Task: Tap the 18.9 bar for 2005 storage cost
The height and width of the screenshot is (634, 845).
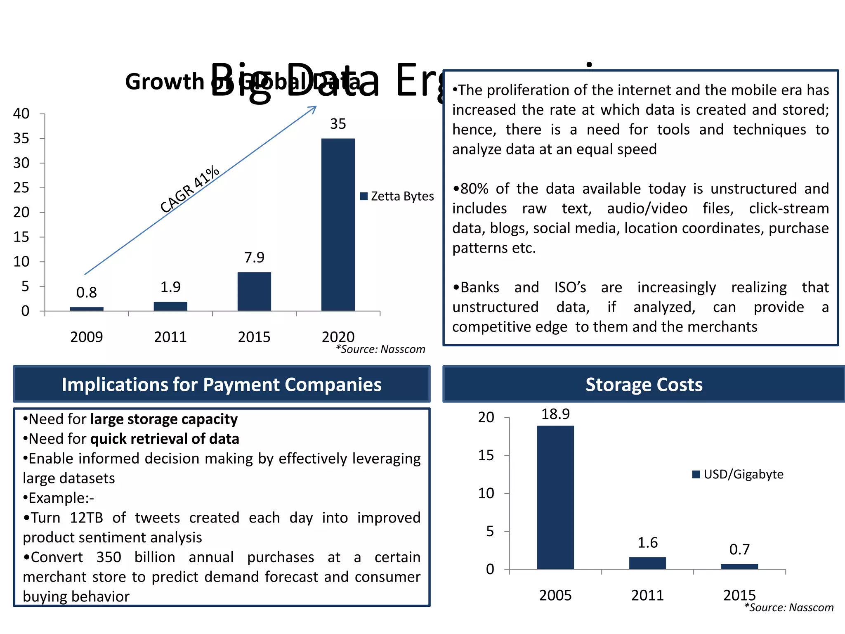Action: (555, 497)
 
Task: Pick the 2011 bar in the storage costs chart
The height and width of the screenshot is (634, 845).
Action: (647, 563)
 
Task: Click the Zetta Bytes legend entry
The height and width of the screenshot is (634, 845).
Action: (397, 196)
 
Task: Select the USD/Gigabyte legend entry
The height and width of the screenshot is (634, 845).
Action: (738, 474)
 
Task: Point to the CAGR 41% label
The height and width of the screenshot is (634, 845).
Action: (190, 189)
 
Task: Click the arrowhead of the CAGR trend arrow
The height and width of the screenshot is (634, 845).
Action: (314, 108)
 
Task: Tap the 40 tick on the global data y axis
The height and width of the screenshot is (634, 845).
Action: (21, 114)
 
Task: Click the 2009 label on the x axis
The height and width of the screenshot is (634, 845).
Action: (87, 337)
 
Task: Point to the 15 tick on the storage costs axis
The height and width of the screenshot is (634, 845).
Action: (486, 455)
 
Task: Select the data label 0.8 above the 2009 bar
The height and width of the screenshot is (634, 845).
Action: (87, 293)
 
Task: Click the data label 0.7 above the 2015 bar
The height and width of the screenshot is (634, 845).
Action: (739, 549)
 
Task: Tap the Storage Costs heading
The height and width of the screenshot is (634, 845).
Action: (644, 385)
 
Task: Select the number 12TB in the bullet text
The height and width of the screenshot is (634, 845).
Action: (86, 518)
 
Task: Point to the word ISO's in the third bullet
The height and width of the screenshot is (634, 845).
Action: (570, 287)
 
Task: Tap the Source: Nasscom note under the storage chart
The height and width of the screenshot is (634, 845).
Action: (789, 608)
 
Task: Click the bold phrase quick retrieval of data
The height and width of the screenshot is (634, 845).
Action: (165, 439)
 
